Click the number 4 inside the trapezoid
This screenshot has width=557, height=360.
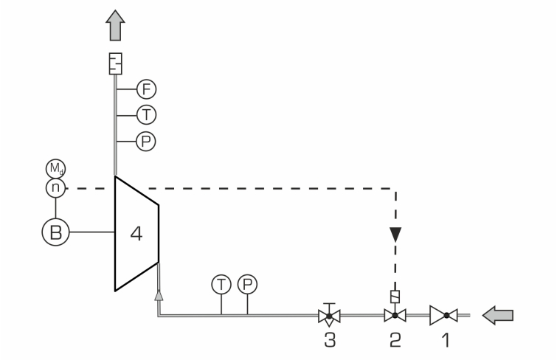[136, 234]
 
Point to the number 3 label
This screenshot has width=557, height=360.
[330, 340]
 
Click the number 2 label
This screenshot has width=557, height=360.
[395, 340]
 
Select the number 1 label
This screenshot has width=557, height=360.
[446, 340]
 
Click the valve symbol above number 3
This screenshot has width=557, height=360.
[329, 315]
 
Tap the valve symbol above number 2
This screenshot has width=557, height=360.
[395, 315]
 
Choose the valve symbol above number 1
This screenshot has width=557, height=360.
[443, 315]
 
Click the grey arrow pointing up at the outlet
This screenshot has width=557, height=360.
[115, 25]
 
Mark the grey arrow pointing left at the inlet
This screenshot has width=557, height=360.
[498, 315]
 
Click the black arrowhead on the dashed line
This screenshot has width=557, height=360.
[395, 235]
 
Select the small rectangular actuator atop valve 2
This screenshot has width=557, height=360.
[395, 297]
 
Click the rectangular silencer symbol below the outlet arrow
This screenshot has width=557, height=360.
[115, 63]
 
